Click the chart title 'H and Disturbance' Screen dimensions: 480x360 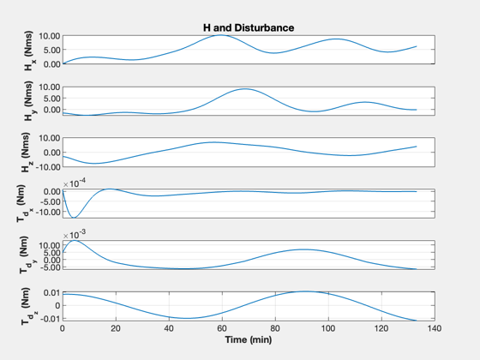point(249,27)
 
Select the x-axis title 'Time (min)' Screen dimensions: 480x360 point(249,339)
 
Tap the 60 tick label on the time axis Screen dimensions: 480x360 point(222,328)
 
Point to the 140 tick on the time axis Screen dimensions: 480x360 point(435,328)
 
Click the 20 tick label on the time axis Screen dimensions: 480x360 point(116,328)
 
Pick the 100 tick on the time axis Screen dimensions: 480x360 point(328,328)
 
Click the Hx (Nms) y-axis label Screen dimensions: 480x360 point(29,51)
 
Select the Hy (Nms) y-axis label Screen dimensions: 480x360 point(29,101)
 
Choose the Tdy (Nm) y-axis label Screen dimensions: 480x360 point(27,255)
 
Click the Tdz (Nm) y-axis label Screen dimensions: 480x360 point(28,306)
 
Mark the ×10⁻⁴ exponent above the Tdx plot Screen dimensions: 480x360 point(75,183)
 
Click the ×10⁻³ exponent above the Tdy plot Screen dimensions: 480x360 point(75,235)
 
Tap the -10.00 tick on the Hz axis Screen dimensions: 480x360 point(47,167)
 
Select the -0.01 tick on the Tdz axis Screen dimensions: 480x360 point(51,319)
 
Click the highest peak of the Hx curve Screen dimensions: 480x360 point(221,35)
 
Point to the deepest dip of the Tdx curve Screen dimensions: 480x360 point(74,218)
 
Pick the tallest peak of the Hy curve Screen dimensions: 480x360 point(245,89)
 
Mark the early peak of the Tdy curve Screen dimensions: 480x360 point(75,241)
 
